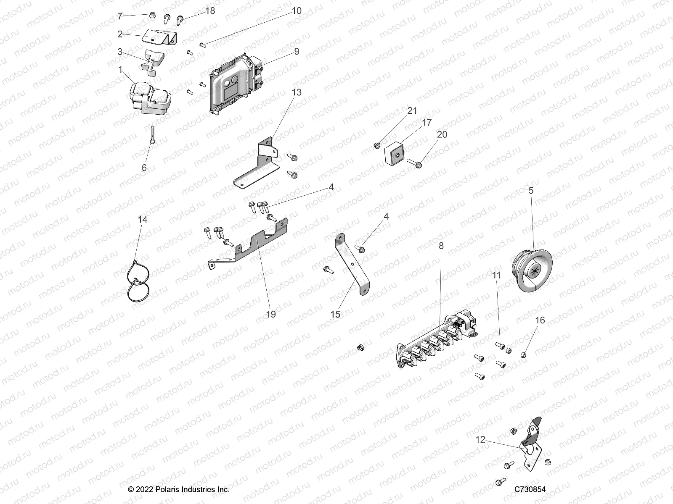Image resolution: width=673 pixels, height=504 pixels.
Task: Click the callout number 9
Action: point(297,51)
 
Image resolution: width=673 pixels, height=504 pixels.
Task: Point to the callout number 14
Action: point(143,219)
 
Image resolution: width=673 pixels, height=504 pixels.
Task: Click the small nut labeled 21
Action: point(377,145)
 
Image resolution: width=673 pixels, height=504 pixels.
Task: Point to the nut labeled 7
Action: point(150,16)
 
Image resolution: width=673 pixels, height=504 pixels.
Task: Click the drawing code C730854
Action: point(530,490)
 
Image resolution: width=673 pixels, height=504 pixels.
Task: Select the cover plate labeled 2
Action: point(160,37)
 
